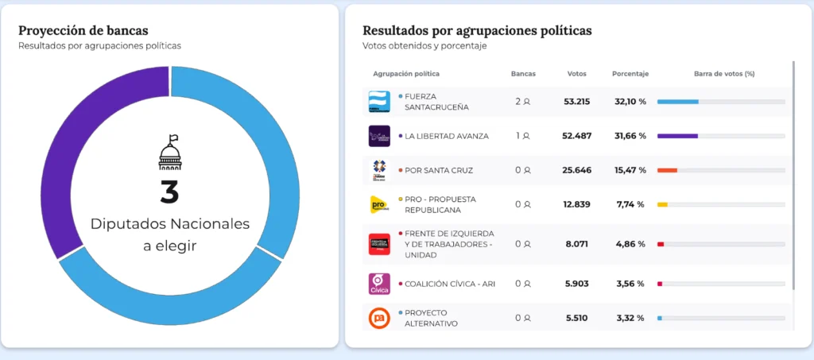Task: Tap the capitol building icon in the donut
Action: (170, 152)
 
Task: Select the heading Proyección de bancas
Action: (83, 31)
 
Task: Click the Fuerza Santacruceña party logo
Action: (379, 102)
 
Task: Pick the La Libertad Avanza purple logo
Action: (379, 136)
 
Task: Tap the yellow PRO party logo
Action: (379, 204)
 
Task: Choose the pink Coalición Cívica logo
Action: (379, 284)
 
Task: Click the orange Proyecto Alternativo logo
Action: (379, 318)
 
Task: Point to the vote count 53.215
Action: (576, 102)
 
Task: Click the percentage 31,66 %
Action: (630, 136)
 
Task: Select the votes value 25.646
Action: (576, 170)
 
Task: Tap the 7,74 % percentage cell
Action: (630, 204)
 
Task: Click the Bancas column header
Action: (523, 74)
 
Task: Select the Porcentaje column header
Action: (630, 74)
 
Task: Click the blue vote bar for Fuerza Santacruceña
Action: (677, 102)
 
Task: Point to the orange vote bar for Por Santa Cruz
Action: (667, 170)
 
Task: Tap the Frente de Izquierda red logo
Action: (379, 244)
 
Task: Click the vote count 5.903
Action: (576, 284)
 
